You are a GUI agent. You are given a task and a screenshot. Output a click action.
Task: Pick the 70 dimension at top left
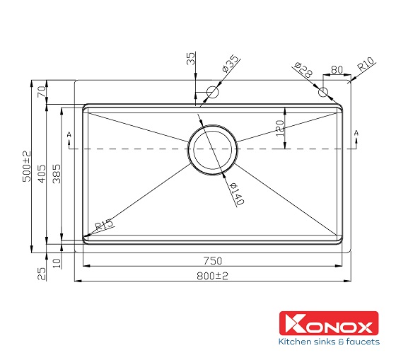[x=41, y=91]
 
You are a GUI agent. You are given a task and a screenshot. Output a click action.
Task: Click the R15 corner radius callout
[x=104, y=225]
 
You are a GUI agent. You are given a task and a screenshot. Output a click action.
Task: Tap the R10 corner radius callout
[x=366, y=67]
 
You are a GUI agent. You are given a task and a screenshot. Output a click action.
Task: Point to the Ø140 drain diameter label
[x=236, y=192]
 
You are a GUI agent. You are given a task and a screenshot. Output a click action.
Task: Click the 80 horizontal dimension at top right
[x=335, y=69]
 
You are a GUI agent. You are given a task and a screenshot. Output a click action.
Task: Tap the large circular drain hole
[x=211, y=149]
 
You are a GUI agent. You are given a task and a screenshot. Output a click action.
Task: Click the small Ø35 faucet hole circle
[x=212, y=92]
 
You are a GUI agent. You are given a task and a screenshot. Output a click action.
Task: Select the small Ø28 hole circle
[x=323, y=92]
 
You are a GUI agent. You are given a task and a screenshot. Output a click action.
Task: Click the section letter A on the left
[x=69, y=134]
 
